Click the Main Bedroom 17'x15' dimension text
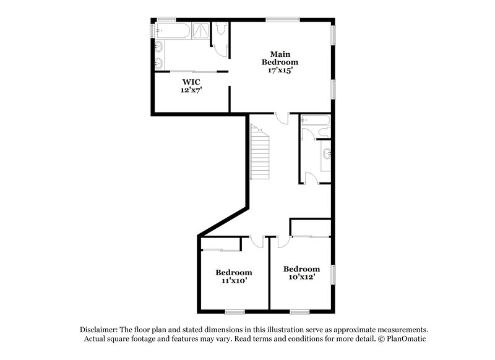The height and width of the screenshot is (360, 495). [x=280, y=71]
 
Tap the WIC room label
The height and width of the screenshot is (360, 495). [x=191, y=82]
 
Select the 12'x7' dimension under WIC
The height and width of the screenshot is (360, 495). [x=191, y=90]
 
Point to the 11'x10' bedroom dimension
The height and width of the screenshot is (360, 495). [x=234, y=281]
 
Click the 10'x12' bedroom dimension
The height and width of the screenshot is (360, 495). [x=301, y=277]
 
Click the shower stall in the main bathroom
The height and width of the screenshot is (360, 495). [x=200, y=30]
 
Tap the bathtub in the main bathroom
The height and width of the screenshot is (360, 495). [x=173, y=30]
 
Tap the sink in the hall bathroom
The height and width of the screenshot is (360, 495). [x=326, y=153]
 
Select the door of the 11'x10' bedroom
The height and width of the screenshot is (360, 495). [x=257, y=241]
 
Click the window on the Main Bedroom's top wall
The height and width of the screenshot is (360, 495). [x=283, y=19]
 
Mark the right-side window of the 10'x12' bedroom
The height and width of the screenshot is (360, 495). [x=334, y=273]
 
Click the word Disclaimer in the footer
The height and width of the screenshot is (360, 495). [x=100, y=330]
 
